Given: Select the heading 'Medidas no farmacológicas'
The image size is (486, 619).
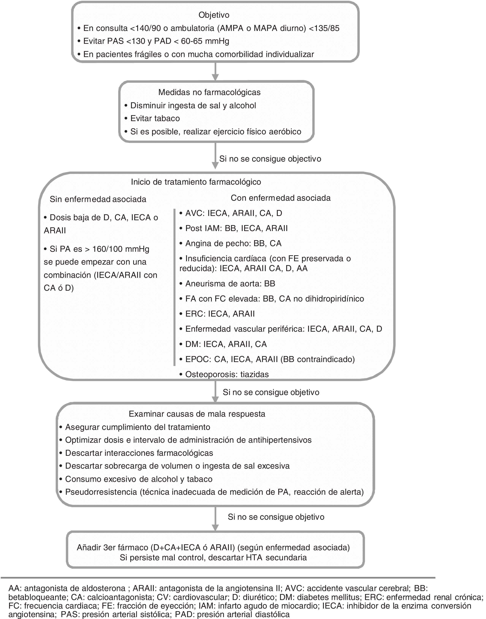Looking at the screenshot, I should [209, 92].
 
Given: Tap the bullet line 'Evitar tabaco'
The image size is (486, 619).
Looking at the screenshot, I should [155, 118].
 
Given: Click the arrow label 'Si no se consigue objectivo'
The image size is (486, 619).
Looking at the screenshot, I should [270, 159].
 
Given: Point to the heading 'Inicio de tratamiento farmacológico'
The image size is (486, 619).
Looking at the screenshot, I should [196, 182].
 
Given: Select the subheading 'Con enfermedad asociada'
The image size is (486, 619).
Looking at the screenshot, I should [281, 198].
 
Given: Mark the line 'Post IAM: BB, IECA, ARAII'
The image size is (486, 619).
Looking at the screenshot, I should [236, 228].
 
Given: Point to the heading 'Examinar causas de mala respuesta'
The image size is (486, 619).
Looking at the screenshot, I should [197, 414].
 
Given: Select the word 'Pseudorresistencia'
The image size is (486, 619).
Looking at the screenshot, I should [101, 492].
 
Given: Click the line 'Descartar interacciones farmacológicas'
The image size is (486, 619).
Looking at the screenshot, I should [139, 453].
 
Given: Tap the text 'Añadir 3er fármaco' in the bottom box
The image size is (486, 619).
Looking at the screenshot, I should [112, 548].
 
